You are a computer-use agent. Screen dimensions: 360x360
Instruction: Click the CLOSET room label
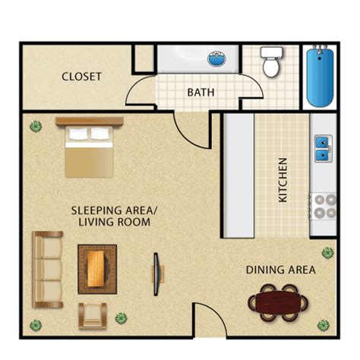(81, 77)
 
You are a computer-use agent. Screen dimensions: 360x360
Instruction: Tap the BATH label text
(201, 93)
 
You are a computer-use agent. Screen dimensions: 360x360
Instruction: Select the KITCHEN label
(283, 180)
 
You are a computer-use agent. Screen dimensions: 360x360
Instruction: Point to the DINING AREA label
(281, 270)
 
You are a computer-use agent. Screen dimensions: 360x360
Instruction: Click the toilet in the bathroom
(271, 62)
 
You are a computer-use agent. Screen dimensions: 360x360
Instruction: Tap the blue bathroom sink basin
(216, 58)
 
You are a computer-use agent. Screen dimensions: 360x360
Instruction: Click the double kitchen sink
(324, 149)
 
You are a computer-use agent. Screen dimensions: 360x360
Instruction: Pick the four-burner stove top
(324, 207)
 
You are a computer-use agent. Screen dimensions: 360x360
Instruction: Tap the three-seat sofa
(47, 270)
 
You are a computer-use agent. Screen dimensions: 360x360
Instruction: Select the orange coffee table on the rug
(96, 269)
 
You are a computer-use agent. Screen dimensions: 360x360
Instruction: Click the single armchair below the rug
(92, 316)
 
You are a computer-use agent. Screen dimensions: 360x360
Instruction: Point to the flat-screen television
(156, 274)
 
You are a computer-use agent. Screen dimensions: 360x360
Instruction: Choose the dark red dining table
(278, 303)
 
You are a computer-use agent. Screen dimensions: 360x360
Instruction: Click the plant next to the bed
(36, 126)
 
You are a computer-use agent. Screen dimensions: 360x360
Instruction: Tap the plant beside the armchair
(121, 318)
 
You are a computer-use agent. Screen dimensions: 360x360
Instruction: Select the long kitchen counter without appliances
(238, 175)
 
